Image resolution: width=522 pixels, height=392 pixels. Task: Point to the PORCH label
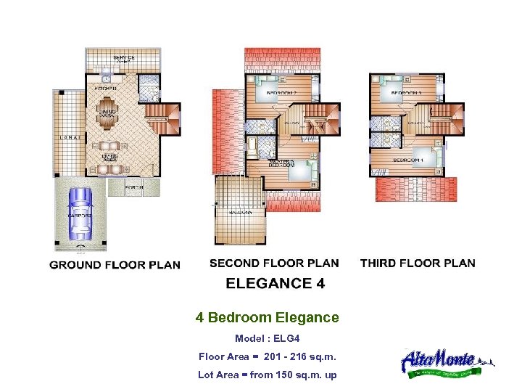click(x=133, y=188)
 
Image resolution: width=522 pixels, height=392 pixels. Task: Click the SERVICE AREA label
click(x=124, y=59)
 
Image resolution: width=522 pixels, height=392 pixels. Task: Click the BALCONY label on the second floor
click(x=241, y=213)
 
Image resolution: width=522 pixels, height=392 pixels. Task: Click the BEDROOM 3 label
click(x=407, y=93)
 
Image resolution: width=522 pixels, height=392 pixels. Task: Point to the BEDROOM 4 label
click(x=407, y=159)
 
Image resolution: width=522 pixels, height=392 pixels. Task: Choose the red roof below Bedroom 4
click(x=416, y=189)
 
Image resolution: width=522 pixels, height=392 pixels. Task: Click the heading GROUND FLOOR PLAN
click(x=115, y=265)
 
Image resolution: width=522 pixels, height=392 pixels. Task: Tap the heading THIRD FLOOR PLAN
click(x=418, y=263)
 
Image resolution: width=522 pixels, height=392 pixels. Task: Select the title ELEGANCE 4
click(x=275, y=283)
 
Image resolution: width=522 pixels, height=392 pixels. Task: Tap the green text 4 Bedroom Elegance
click(x=267, y=318)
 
